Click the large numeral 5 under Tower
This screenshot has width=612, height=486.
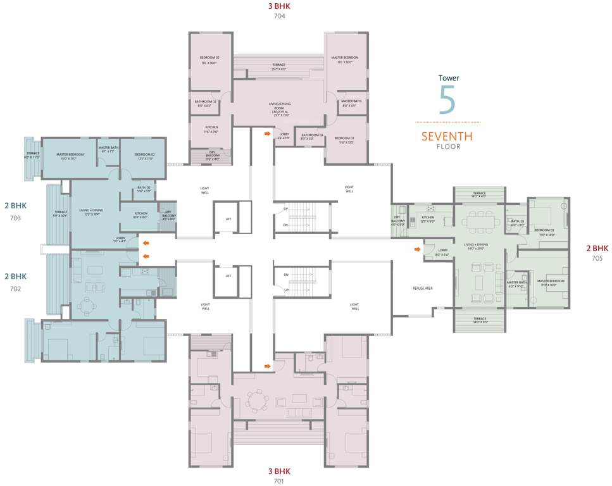447,99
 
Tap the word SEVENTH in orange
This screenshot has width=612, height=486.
447,136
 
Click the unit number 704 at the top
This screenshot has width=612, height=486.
280,16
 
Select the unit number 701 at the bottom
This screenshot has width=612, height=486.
280,480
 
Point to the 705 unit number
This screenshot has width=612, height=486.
597,258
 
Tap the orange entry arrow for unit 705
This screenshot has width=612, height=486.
416,249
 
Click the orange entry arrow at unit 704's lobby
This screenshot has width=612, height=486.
268,134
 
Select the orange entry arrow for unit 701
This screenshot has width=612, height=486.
268,366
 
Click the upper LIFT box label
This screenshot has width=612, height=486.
228,219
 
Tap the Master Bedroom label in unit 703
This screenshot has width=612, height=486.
70,156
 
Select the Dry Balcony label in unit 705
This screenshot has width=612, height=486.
397,220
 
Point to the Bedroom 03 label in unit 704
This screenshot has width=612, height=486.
345,140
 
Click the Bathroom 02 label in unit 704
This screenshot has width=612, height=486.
206,103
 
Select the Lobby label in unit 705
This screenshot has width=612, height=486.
442,251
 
